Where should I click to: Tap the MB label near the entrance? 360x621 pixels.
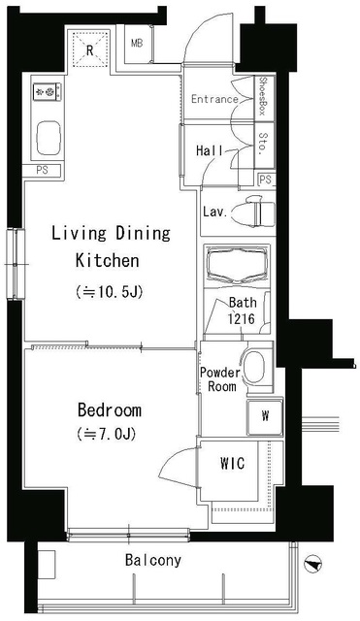[x=137, y=44]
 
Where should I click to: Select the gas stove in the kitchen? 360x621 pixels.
[x=47, y=92]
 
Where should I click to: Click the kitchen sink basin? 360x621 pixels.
[x=49, y=138]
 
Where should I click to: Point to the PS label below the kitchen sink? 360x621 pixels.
[x=42, y=171]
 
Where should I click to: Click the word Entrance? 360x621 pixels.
[x=214, y=99]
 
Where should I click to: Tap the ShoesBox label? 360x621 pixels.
[x=262, y=96]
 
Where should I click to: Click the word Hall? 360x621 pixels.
[x=210, y=150]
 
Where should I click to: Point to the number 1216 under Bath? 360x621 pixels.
[x=241, y=319]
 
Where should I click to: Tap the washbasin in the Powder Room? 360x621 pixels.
[x=254, y=367]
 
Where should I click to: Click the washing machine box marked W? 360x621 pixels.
[x=265, y=416]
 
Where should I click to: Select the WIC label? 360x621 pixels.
[x=233, y=463]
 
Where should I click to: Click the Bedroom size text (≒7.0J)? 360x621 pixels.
[x=107, y=434]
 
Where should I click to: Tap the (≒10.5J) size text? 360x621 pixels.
[x=109, y=292]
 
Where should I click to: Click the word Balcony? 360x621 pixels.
[x=153, y=560]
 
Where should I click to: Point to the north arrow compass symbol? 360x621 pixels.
[x=312, y=565]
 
